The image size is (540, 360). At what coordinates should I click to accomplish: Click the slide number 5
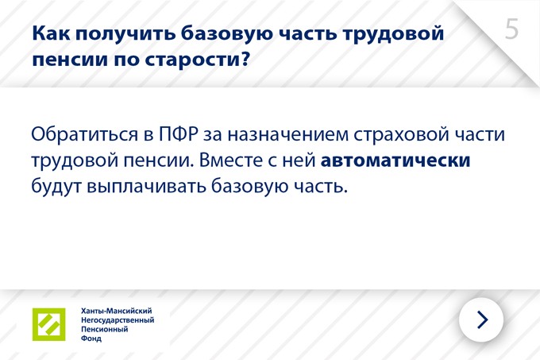pos(511,29)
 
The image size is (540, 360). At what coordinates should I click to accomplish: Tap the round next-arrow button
pos(481,319)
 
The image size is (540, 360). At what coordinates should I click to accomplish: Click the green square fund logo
pos(49,324)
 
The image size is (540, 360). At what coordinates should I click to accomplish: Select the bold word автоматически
pos(395,161)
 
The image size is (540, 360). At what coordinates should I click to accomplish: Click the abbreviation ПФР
pos(179,134)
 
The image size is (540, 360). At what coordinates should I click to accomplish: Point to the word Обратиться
pos(84,134)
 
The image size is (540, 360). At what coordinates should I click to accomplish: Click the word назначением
pos(288,134)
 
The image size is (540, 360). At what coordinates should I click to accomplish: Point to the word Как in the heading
pos(51,33)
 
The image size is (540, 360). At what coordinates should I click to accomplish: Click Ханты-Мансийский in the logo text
pos(117,311)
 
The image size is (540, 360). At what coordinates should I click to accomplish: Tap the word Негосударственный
pos(118,320)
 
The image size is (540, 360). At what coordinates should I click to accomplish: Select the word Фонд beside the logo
pos(91,339)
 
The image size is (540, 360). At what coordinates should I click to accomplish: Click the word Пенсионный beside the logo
pos(104,329)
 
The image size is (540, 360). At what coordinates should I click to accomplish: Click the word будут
pos(56,187)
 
